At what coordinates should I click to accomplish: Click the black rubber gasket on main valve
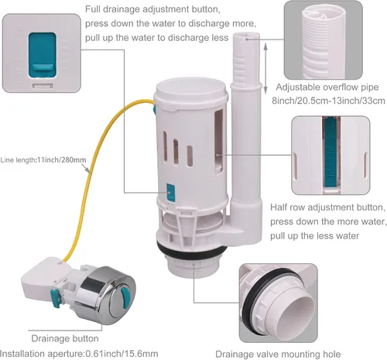pos(191,249)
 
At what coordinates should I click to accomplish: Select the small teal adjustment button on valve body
pos(171,192)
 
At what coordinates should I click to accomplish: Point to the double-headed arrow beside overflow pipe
pos(265,68)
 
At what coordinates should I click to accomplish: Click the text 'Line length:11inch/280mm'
pos(43,160)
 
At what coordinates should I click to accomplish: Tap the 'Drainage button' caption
pos(65,338)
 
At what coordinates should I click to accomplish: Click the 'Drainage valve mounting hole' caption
pos(278,354)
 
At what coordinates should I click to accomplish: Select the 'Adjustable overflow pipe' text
pos(327,87)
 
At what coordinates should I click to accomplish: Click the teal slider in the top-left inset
pos(42,55)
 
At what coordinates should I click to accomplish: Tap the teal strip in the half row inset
pos(330,153)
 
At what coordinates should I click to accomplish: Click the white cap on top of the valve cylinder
pos(191,91)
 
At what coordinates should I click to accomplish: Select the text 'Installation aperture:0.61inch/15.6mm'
pos(79,354)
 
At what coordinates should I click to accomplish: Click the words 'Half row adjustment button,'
pos(327,207)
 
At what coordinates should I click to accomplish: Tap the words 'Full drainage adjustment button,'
pos(152,9)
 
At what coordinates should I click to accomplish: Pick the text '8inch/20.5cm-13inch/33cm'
pos(328,101)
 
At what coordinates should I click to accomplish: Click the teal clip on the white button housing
pos(55,299)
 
